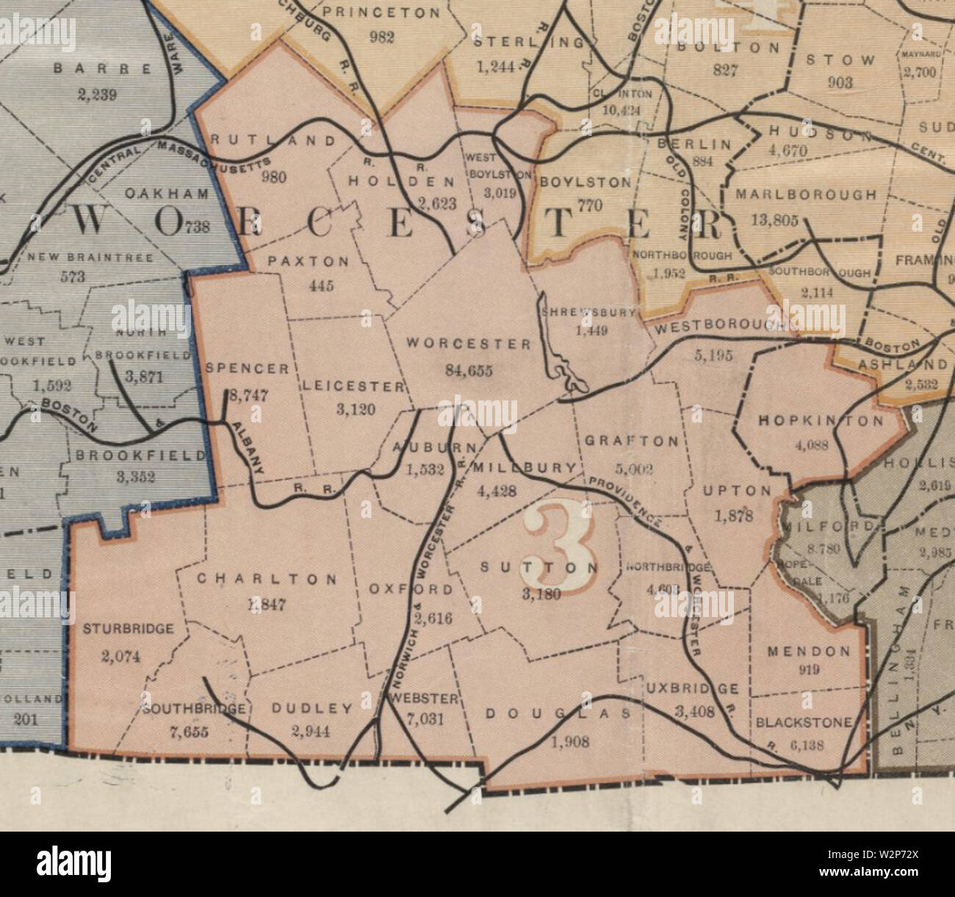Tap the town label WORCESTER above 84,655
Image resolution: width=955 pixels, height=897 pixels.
pyautogui.click(x=469, y=344)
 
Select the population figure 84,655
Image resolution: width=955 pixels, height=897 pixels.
pyautogui.click(x=469, y=370)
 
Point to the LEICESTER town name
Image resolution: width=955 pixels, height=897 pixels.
pyautogui.click(x=352, y=385)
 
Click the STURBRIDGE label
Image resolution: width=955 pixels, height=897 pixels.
pyautogui.click(x=128, y=629)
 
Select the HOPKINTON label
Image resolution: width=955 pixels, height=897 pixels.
pyautogui.click(x=821, y=421)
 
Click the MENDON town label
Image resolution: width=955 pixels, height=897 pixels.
pyautogui.click(x=808, y=651)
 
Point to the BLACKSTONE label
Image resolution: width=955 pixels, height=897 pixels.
pyautogui.click(x=804, y=723)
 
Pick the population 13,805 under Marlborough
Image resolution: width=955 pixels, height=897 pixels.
pyautogui.click(x=776, y=220)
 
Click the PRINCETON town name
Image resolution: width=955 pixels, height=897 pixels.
pyautogui.click(x=381, y=12)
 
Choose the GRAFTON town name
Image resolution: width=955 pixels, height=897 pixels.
pyautogui.click(x=631, y=441)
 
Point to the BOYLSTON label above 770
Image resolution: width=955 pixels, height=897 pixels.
pyautogui.click(x=585, y=181)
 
